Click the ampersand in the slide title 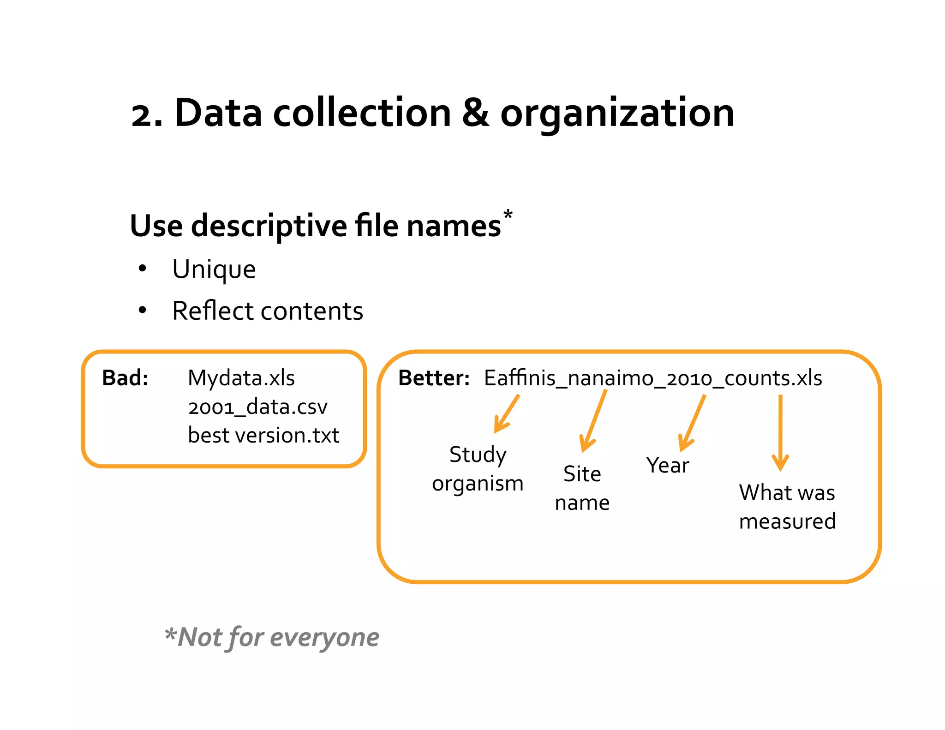(x=475, y=113)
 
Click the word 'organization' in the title (x=617, y=114)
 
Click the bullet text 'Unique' (x=214, y=269)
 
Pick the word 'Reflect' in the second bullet (x=212, y=311)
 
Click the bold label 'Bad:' (x=125, y=378)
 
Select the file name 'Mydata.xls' (x=241, y=378)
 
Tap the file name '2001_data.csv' (x=257, y=407)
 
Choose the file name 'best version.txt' (x=263, y=435)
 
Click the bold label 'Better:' (x=434, y=378)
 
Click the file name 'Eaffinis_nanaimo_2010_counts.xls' (x=653, y=378)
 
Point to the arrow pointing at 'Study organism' (x=506, y=414)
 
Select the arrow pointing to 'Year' (x=692, y=423)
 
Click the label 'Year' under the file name (x=667, y=465)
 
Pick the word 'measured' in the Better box (x=787, y=521)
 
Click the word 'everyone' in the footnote (x=324, y=637)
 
